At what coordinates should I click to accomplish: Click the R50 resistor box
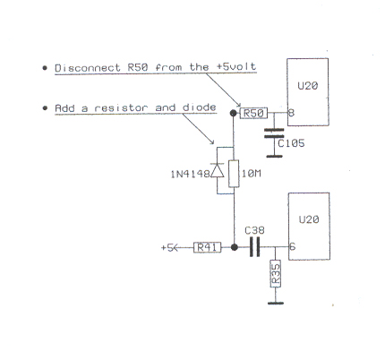pos(253,113)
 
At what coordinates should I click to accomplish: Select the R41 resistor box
pos(208,247)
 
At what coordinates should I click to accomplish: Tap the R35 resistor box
pos(276,273)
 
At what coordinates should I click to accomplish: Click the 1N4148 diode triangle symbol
pos(218,170)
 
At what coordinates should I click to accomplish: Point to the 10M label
pos(251,174)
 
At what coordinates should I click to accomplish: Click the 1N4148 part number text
pos(190,174)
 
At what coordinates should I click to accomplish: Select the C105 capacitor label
pos(291,143)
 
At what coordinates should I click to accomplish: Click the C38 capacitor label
pos(254,230)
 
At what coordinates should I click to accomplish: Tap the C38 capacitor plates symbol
pos(254,247)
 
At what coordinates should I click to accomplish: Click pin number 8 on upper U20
pos(291,113)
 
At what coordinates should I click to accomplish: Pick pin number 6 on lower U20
pos(292,246)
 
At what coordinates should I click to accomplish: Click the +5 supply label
pos(167,248)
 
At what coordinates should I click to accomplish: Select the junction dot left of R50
pos(234,113)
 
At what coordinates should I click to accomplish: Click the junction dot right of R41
pos(235,247)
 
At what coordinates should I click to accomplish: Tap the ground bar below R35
pos(276,304)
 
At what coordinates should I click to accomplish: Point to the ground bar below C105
pos(274,156)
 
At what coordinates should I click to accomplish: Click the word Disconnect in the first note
pos(88,68)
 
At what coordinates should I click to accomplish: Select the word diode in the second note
pos(199,107)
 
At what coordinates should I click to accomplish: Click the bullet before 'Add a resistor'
pos(45,108)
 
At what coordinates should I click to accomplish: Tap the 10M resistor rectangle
pos(234,174)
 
